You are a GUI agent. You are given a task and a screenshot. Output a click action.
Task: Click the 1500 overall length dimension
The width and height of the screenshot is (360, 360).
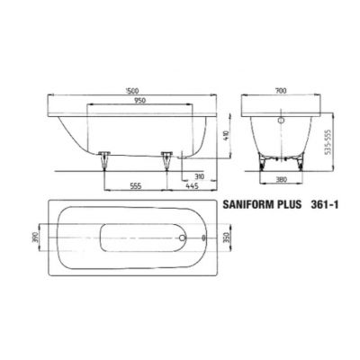[x=132, y=90]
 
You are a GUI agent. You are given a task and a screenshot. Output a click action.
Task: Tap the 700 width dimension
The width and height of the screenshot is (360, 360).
[x=282, y=90]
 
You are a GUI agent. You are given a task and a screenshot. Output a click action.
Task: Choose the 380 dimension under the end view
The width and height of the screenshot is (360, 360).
[x=282, y=179]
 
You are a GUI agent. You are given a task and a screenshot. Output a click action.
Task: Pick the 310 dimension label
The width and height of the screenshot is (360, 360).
[x=199, y=176]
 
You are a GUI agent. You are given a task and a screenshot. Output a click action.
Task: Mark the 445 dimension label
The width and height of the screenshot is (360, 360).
[x=192, y=186]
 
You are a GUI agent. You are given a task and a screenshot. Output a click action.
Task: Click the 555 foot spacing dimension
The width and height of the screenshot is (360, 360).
[x=135, y=186]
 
